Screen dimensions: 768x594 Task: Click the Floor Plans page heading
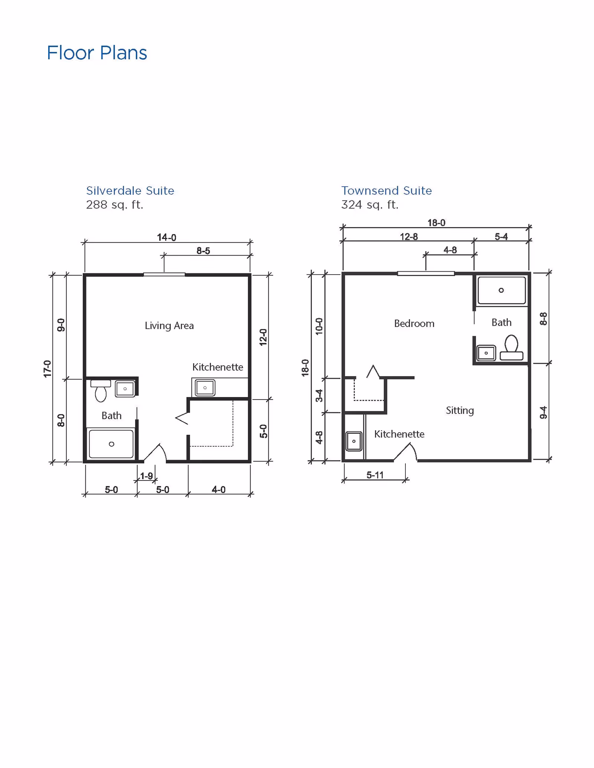click(97, 53)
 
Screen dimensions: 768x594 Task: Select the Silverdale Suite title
click(130, 191)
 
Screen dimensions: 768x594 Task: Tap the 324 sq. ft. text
click(369, 205)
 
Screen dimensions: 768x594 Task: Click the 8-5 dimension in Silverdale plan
click(203, 251)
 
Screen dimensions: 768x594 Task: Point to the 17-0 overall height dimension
click(47, 369)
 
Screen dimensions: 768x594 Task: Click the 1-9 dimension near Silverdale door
click(146, 476)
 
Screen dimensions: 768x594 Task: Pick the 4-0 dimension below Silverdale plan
click(218, 490)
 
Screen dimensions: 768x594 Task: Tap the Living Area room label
click(169, 326)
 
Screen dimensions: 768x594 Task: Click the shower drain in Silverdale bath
click(111, 444)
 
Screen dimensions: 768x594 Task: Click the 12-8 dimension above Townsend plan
click(408, 237)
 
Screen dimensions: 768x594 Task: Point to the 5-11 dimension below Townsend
click(375, 475)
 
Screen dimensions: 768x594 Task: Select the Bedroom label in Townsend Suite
click(414, 324)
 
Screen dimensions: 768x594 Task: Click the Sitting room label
click(460, 410)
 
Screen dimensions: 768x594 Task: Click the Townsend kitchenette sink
click(354, 441)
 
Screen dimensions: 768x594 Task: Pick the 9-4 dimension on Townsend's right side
click(543, 413)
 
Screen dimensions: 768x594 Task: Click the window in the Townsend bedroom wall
click(426, 274)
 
